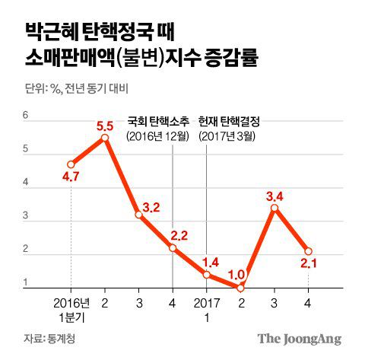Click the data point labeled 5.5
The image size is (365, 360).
104,138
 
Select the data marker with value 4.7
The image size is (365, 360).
71,164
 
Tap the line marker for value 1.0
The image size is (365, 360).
240,288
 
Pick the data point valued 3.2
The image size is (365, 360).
138,215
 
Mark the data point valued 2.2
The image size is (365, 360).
173,248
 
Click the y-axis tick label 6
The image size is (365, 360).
25,116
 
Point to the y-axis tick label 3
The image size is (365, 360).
25,216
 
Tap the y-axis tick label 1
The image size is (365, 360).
25,284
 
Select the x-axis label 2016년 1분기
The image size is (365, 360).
71,308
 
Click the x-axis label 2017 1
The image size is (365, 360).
206,308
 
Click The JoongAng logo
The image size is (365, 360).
298,339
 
